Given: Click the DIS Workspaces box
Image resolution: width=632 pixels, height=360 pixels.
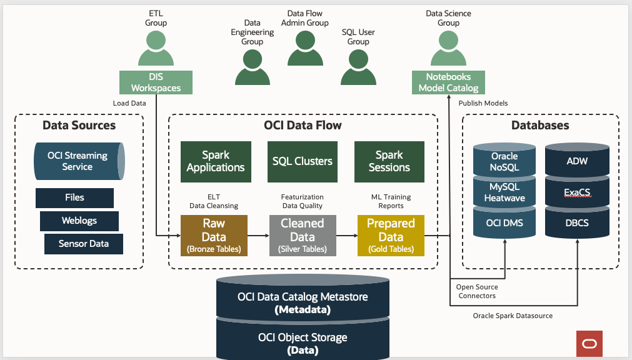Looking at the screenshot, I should click(156, 82).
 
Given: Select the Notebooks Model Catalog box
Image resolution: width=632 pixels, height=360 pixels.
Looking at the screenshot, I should click(448, 82).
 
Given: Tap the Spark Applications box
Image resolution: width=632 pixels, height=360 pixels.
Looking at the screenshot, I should click(216, 161).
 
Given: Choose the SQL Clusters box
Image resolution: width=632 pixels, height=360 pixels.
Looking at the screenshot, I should click(303, 161).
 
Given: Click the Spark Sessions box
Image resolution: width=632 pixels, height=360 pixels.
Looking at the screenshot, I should click(389, 161).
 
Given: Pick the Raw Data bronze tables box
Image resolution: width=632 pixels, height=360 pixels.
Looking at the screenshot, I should click(214, 236).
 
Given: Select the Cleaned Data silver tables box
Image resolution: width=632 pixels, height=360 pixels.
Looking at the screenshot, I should click(302, 236).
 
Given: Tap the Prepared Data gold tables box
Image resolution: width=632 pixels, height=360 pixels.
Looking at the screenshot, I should click(391, 236).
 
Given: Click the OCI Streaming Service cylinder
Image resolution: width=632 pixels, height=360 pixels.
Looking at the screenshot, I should click(79, 161).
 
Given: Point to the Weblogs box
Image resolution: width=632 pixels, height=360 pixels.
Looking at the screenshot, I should click(79, 221).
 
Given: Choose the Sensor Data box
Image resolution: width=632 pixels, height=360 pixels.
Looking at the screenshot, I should click(84, 244).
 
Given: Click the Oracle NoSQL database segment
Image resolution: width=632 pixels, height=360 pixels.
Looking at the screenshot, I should click(504, 161).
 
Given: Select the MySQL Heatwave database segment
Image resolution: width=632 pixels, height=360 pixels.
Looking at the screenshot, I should click(504, 192).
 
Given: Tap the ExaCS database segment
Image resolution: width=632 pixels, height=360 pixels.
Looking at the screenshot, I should click(577, 192).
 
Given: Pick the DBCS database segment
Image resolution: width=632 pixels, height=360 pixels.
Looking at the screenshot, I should click(577, 223).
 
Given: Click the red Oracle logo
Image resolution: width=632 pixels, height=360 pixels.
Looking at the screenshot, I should click(589, 344).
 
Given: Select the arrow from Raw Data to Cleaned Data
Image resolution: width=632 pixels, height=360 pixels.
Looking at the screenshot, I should click(258, 236).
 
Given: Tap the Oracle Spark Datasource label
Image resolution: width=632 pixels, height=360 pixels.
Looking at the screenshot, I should click(513, 316).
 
